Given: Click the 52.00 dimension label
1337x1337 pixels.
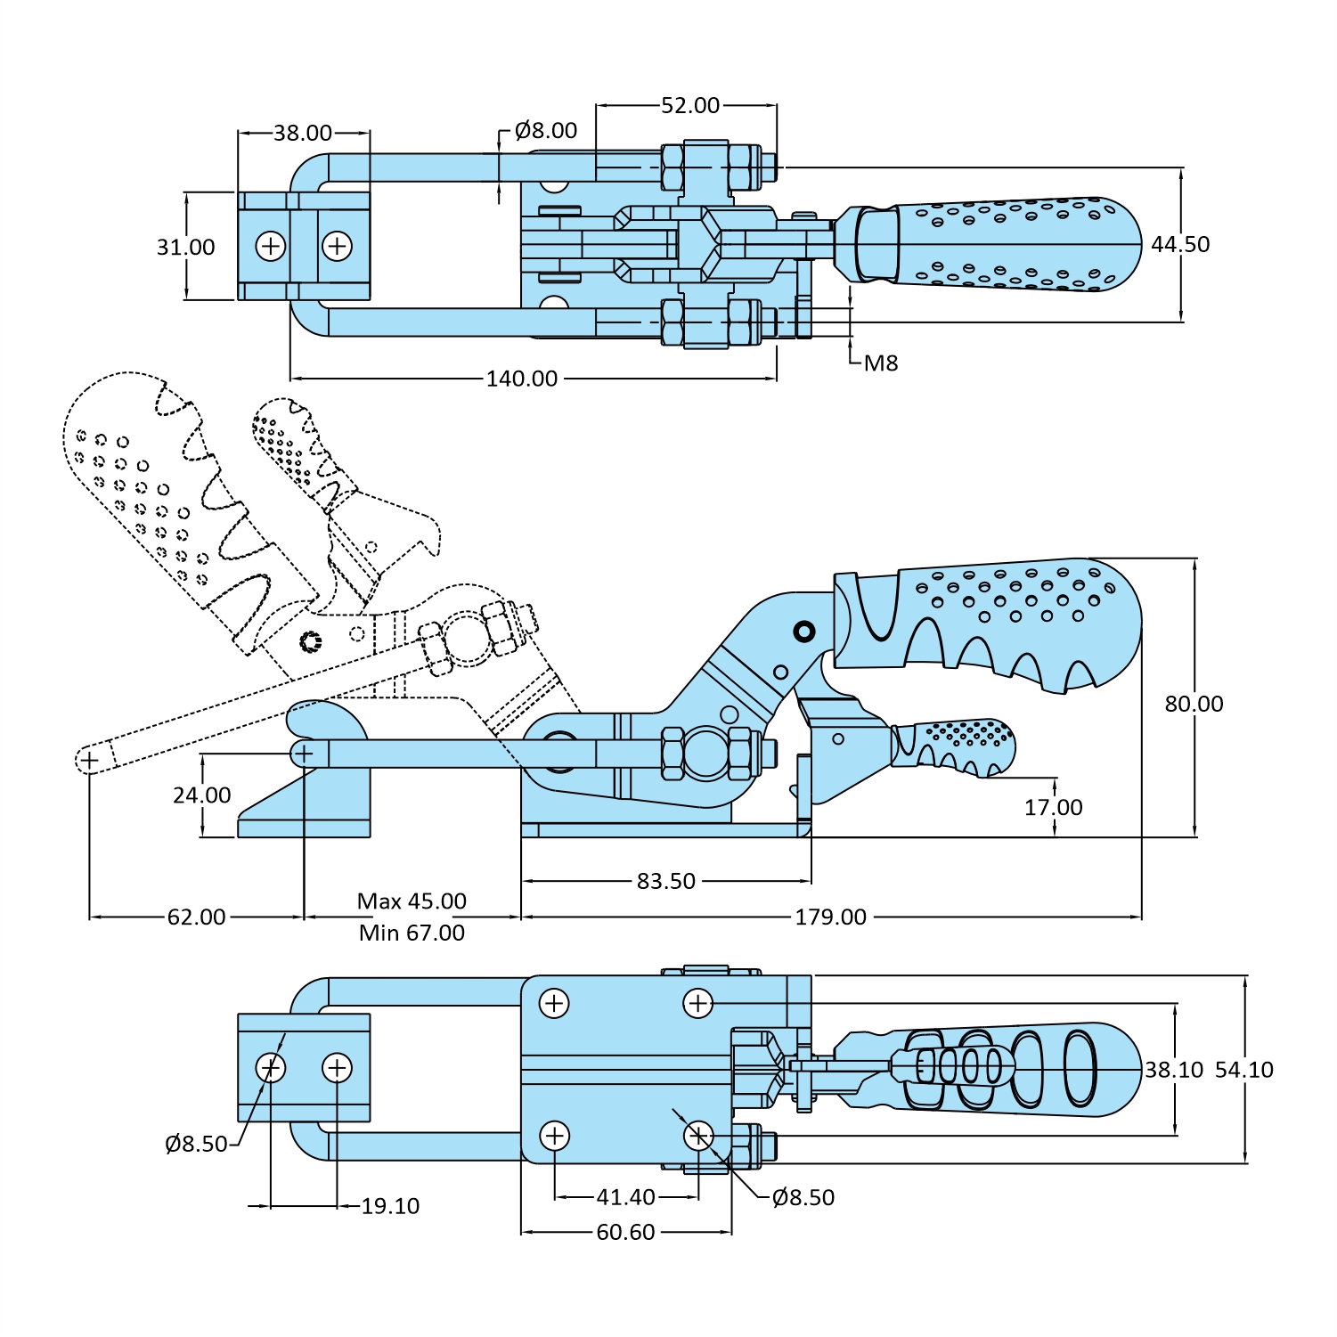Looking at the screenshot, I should (689, 105).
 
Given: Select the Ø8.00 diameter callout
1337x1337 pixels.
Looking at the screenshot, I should (545, 130).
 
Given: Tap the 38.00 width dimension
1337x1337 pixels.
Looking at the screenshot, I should (302, 133).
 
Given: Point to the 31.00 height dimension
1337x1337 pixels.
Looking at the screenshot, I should (185, 247).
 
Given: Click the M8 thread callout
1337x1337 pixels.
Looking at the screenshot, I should (880, 363).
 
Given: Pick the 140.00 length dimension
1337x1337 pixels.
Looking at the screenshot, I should (521, 379).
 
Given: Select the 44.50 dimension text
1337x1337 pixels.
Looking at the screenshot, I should (1179, 244).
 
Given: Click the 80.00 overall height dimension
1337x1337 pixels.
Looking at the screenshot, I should (1194, 704).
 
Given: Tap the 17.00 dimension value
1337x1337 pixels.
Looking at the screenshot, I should (1053, 807).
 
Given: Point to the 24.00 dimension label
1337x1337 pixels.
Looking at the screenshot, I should (201, 795).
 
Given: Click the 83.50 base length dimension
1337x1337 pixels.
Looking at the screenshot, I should (665, 881).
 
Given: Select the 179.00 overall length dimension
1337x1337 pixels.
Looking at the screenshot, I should (830, 917).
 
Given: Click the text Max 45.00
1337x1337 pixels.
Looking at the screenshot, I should (412, 901).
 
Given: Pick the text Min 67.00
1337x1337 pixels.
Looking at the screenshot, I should (412, 933).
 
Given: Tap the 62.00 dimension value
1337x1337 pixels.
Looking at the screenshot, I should (196, 917).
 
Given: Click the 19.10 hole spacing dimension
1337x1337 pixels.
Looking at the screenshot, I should (389, 1206).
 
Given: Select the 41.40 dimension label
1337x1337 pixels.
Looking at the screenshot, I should (625, 1197).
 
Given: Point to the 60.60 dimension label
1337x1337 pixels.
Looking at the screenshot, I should (625, 1232).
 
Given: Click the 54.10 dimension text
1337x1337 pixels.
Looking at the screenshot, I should (1243, 1070).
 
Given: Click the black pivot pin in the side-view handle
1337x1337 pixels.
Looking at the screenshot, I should (803, 632).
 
